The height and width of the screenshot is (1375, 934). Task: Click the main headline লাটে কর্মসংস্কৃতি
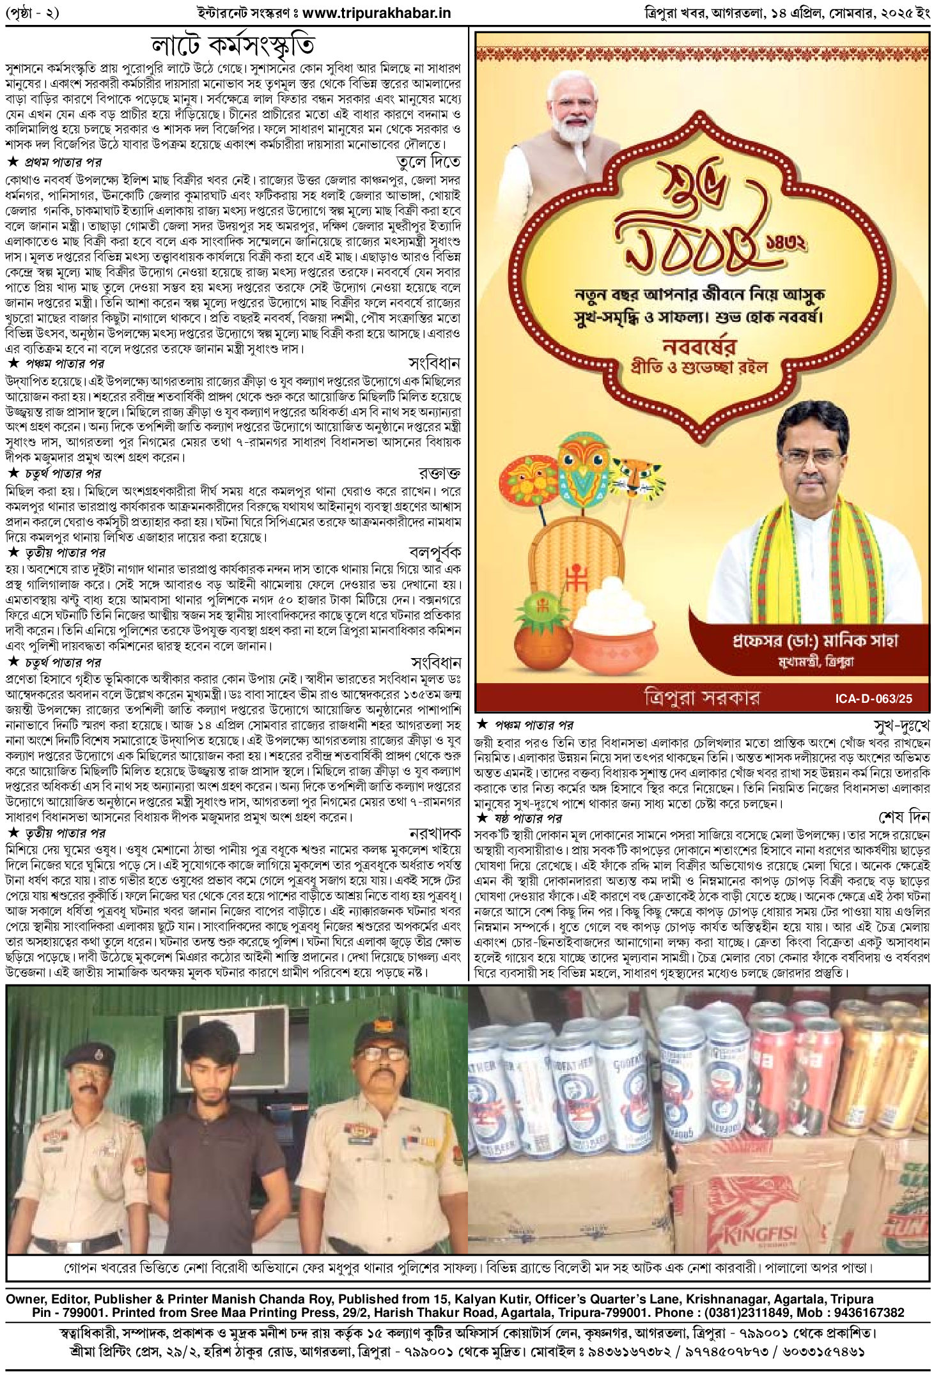[x=233, y=45]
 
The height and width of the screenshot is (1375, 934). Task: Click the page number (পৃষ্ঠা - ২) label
[x=32, y=13]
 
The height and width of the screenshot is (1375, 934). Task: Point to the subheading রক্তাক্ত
[x=439, y=473]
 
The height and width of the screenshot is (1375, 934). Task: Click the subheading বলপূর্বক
[x=435, y=552]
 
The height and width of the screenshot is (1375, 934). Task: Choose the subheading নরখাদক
[x=435, y=833]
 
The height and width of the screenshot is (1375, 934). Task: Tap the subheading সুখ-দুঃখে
[x=901, y=725]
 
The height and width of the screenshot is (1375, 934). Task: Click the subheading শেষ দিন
[x=904, y=818]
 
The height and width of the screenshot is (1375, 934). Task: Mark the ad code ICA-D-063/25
[x=873, y=698]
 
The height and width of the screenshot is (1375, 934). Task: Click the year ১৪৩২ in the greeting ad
[x=786, y=243]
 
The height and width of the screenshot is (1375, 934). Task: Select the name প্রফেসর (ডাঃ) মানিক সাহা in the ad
[x=815, y=640]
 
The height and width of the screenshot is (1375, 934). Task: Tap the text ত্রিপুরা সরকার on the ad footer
[x=701, y=697]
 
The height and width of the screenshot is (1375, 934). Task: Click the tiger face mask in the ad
[x=634, y=476]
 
